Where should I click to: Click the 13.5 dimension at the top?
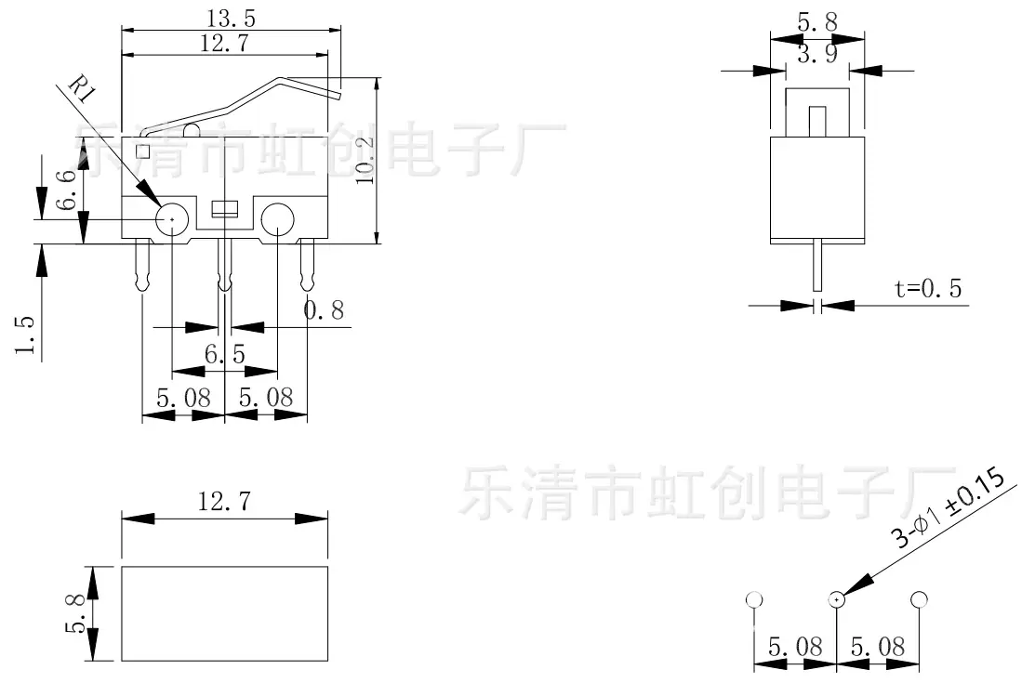(232, 19)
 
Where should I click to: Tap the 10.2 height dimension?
(365, 160)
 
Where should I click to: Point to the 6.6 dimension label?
(66, 190)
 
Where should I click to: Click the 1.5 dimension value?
(25, 335)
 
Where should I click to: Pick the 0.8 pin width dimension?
(324, 310)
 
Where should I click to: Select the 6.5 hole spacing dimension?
(225, 354)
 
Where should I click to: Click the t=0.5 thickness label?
(928, 288)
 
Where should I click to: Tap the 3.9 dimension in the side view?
(817, 53)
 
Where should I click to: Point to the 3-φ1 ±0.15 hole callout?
(949, 508)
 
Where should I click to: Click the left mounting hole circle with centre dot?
(172, 219)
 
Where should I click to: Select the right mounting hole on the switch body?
(278, 219)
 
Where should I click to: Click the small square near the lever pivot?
(142, 151)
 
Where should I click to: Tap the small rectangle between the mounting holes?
(225, 208)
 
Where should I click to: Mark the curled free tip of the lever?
(338, 96)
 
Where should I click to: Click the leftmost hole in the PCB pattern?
(754, 599)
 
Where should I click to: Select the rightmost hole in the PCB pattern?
(919, 599)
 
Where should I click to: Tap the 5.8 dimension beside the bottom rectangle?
(75, 612)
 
